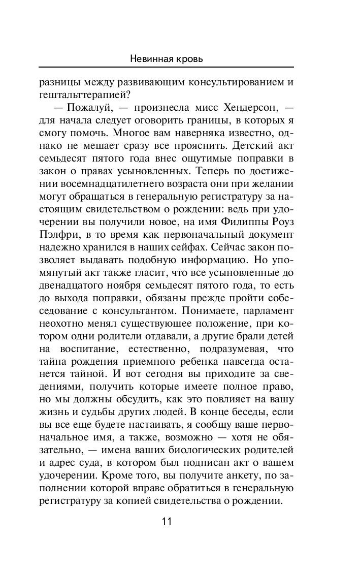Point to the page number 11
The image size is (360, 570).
click(167, 522)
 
